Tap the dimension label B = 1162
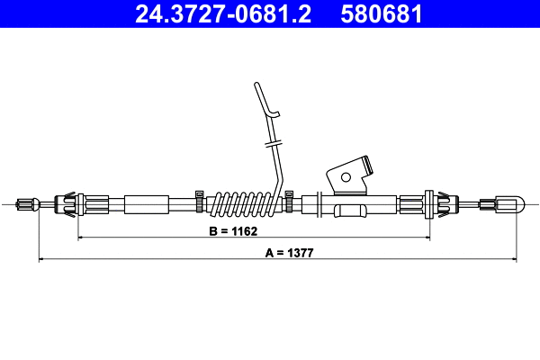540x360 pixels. click(233, 231)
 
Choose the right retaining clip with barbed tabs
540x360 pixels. click(430, 204)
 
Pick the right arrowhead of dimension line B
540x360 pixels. click(427, 238)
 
